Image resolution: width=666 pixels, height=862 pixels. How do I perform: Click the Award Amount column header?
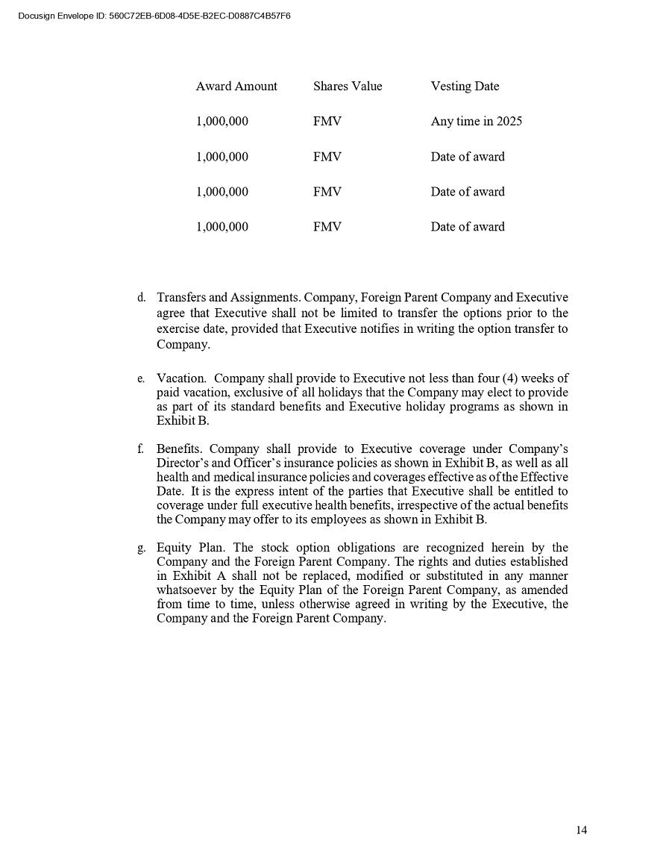[236, 87]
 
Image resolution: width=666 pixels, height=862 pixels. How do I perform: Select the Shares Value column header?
[348, 87]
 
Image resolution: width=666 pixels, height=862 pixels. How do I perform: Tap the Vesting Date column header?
[465, 87]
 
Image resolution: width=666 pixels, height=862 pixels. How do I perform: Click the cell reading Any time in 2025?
[476, 122]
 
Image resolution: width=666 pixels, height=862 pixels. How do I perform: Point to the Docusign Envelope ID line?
[154, 16]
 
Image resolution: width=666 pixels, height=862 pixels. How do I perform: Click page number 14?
[581, 830]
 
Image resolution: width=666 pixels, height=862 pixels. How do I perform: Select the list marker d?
[141, 298]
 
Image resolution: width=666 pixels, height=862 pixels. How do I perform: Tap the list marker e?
[140, 379]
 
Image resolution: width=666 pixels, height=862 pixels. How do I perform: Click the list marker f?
[140, 449]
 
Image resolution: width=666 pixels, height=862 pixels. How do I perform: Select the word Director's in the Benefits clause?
[183, 463]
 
